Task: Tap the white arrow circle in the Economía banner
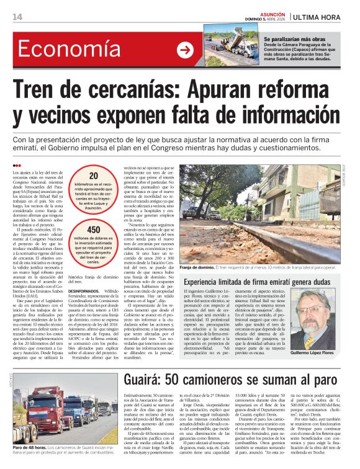tap(185, 50)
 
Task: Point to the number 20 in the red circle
tap(93, 176)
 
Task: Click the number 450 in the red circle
tap(93, 230)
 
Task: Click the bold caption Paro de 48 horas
tap(29, 447)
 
